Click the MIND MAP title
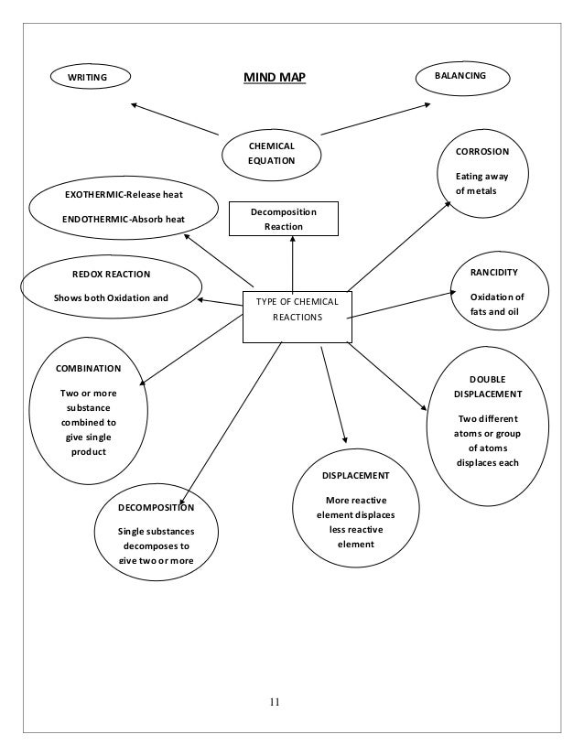point(274,78)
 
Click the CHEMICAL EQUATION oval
point(272,152)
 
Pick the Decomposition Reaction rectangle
point(284,219)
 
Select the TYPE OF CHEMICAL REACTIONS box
point(297,309)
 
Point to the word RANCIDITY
point(493,273)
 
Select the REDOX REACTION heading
point(111,273)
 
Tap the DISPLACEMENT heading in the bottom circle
point(356,476)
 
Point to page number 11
point(275,702)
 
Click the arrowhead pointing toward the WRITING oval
point(135,104)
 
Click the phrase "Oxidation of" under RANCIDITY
point(497,297)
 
